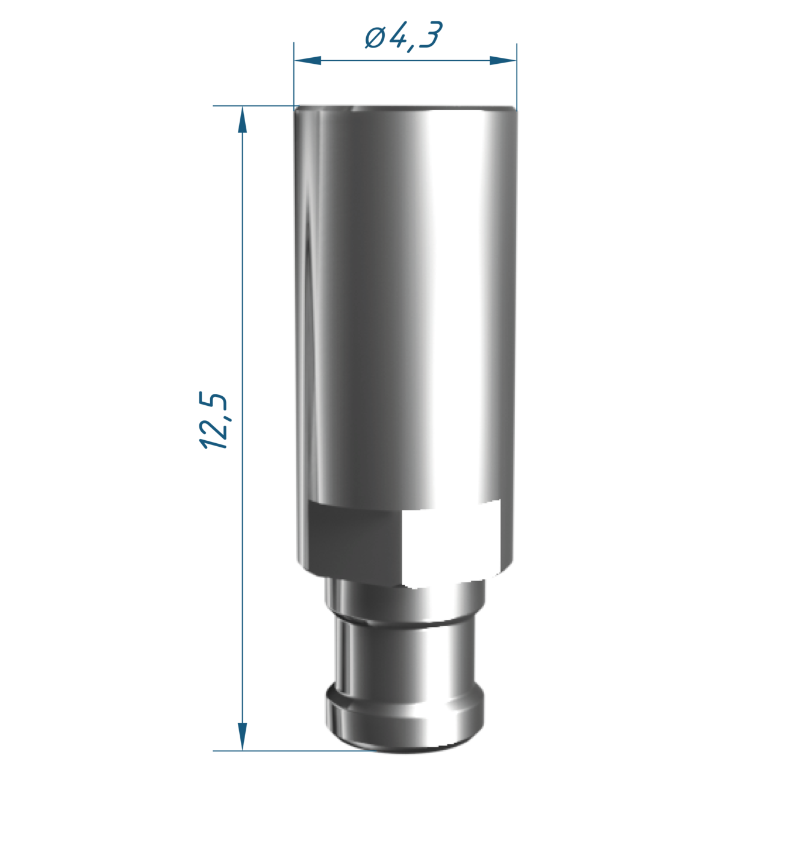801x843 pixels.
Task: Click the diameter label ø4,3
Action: [403, 36]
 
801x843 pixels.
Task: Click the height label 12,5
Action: [213, 420]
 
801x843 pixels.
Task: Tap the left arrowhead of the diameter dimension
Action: [308, 60]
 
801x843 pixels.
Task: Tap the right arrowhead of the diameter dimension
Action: [503, 60]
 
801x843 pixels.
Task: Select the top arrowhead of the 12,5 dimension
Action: [242, 120]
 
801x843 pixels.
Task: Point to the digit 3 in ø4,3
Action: [431, 35]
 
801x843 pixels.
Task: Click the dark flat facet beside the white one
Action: [355, 543]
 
